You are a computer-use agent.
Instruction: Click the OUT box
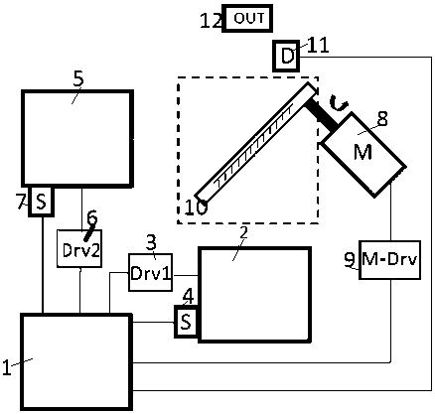[x=247, y=18]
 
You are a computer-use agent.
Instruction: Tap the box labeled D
[x=286, y=56]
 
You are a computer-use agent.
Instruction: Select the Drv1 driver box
[x=150, y=272]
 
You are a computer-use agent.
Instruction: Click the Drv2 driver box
[x=79, y=248]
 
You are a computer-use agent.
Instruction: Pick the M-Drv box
[x=390, y=260]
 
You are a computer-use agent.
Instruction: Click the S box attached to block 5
[x=41, y=202]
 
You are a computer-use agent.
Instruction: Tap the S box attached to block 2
[x=187, y=322]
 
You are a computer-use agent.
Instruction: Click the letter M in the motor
[x=362, y=152]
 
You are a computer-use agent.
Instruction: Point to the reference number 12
[x=211, y=21]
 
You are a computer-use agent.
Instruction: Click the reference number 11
[x=318, y=46]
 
